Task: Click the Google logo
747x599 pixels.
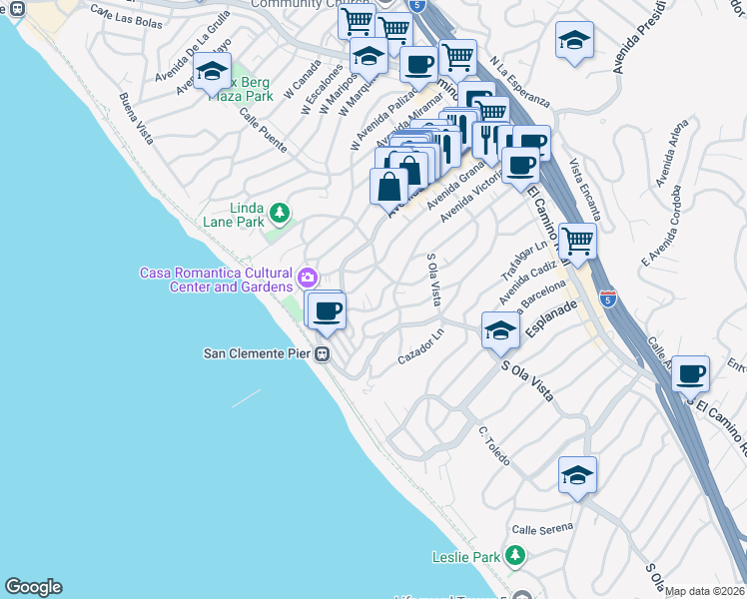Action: pyautogui.click(x=33, y=587)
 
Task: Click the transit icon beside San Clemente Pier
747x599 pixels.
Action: pyautogui.click(x=323, y=354)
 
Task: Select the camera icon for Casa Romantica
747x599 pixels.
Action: pyautogui.click(x=308, y=276)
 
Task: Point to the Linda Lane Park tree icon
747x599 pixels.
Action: pyautogui.click(x=282, y=211)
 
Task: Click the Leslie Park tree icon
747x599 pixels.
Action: pyautogui.click(x=514, y=554)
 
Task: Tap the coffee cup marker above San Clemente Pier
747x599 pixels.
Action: pyautogui.click(x=327, y=310)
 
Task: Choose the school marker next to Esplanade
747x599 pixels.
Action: pyautogui.click(x=499, y=330)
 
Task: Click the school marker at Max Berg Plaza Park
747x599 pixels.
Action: pyautogui.click(x=212, y=72)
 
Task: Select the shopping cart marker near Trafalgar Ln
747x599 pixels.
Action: pyautogui.click(x=577, y=240)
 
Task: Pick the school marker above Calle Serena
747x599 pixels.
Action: pyautogui.click(x=577, y=475)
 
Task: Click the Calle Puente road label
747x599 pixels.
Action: pyautogui.click(x=262, y=133)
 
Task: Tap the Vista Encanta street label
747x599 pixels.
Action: pyautogui.click(x=584, y=190)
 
